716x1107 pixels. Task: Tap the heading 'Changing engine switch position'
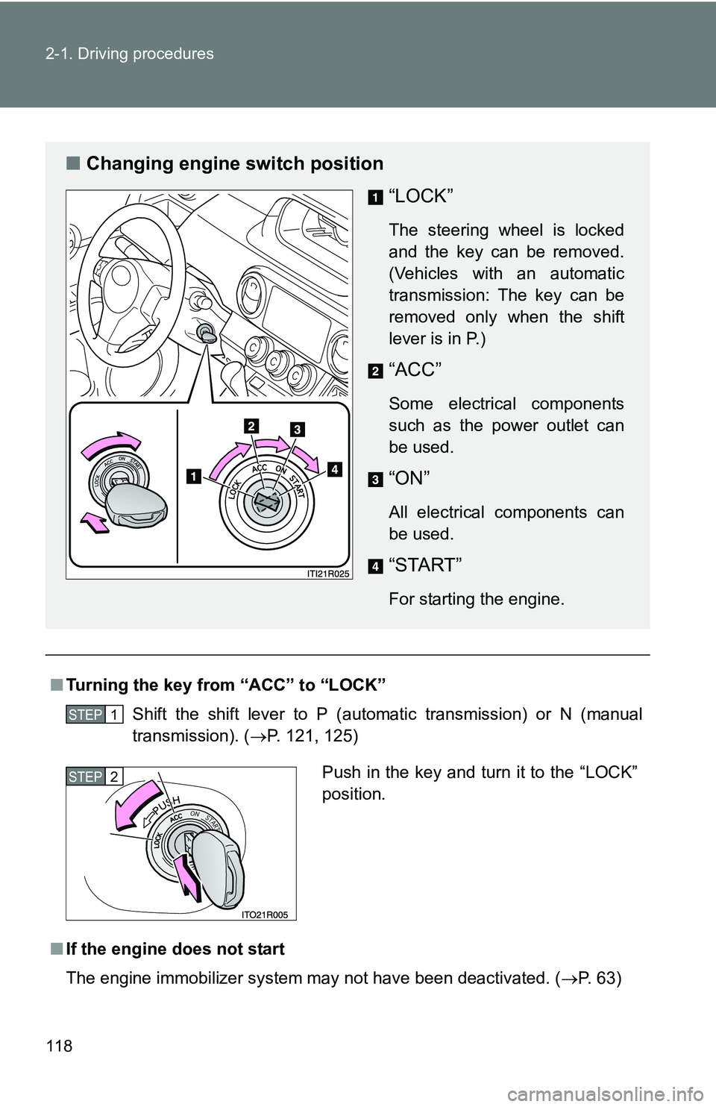[235, 163]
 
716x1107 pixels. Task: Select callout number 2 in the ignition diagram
[250, 425]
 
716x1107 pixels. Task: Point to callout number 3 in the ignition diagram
[297, 429]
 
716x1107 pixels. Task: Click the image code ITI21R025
[329, 573]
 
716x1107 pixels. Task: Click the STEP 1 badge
[94, 715]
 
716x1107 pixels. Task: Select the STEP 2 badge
[94, 777]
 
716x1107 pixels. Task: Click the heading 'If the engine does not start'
[175, 949]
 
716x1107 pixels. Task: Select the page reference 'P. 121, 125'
[313, 736]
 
